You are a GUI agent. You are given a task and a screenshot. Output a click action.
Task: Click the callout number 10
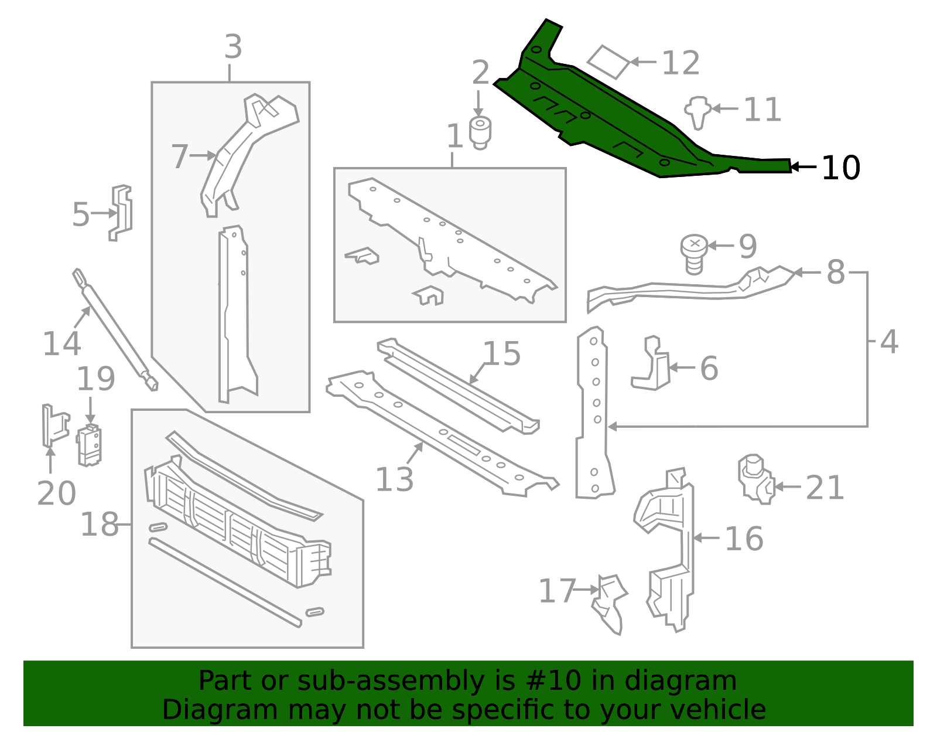841,168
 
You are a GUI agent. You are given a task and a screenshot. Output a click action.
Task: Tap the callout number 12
680,63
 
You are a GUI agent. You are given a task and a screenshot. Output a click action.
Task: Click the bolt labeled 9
695,253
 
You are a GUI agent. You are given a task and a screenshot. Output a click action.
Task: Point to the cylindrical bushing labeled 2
480,132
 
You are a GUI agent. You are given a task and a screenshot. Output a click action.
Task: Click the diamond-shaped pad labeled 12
608,62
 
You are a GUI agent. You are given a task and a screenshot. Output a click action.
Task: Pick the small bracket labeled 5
121,212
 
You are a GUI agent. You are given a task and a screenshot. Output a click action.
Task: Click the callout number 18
100,525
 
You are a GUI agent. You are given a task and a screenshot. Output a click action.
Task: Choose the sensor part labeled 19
89,445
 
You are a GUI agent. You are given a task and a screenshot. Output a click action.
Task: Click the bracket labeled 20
53,425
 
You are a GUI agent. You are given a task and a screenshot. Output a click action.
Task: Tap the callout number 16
744,539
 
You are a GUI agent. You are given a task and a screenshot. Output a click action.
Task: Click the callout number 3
233,47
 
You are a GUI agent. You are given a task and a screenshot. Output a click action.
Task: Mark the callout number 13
394,479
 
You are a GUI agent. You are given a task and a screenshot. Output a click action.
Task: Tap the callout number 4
889,342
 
